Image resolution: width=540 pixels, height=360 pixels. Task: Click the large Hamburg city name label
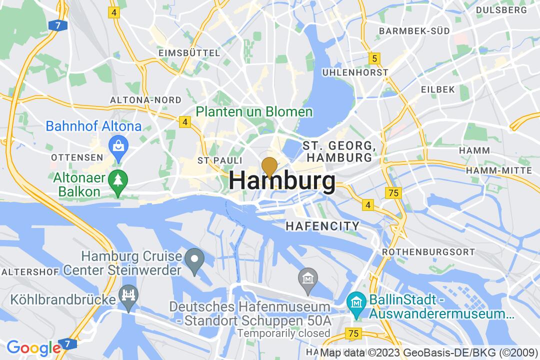coord(282,181)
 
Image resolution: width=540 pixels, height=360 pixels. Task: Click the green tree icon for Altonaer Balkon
coord(118,179)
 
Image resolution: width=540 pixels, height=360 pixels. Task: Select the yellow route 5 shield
coord(374,59)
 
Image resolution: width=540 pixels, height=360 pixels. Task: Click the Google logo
coord(33,347)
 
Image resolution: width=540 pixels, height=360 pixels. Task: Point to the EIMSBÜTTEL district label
coord(188,53)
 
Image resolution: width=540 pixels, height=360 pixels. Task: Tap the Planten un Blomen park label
coord(254,111)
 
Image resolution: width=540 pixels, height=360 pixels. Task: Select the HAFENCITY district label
coord(322,226)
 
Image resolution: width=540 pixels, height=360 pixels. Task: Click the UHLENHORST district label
coord(355,72)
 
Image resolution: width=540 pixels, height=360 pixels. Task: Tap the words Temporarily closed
coord(283,333)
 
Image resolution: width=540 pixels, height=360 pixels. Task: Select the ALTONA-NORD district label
coord(138,100)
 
